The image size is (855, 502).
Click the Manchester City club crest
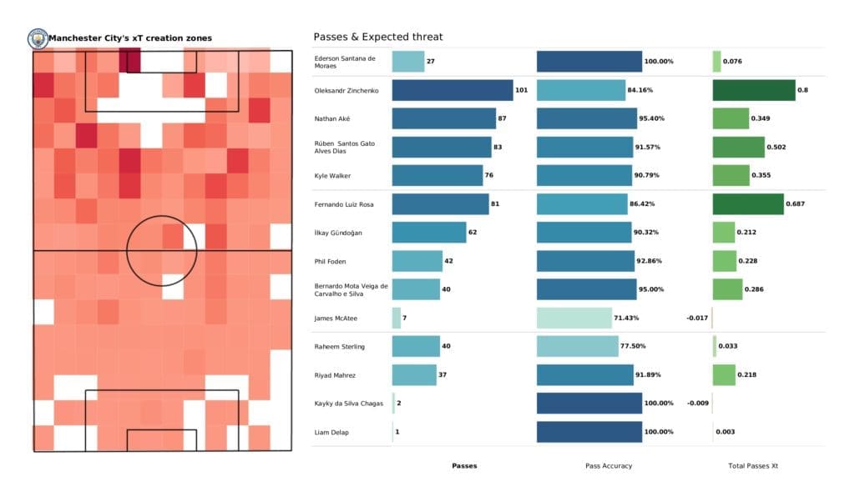point(38,38)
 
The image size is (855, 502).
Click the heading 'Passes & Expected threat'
point(377,37)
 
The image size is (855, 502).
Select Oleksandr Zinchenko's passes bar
point(452,90)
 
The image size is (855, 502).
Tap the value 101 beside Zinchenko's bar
point(522,90)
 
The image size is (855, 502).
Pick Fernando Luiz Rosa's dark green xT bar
point(747,204)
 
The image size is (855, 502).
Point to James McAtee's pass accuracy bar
point(574,318)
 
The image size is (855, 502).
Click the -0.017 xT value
point(697,318)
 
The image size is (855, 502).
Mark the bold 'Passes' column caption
point(464,465)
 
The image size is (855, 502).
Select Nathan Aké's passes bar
point(443,118)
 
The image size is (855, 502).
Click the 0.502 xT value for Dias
point(776,148)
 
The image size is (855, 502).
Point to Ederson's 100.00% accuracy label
point(659,62)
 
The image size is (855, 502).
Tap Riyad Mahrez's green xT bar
point(723,374)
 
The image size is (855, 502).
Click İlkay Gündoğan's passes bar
point(428,233)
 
